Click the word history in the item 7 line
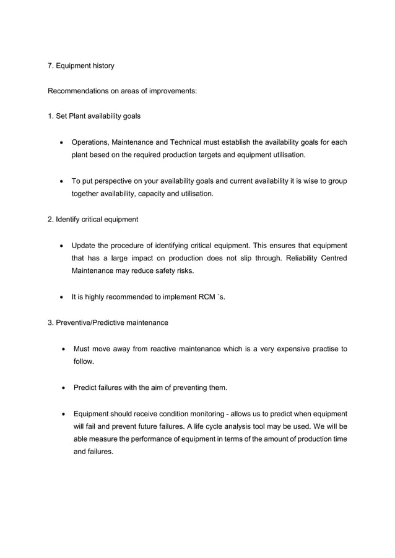[101, 66]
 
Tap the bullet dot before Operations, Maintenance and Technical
[62, 143]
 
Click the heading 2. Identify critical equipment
[93, 220]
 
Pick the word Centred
[332, 258]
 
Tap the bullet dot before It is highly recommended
[62, 297]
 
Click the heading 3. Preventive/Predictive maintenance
[108, 322]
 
